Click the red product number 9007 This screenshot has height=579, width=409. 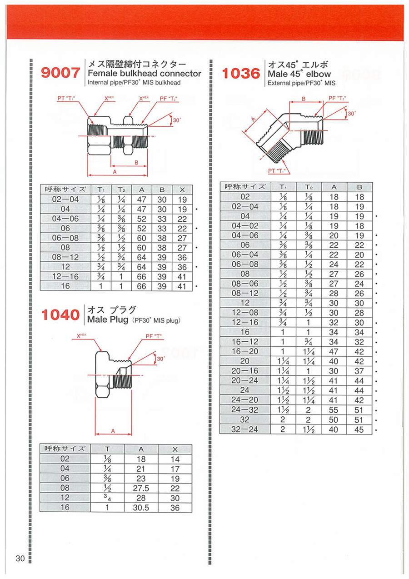coord(60,73)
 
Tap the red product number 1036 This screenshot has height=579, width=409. coord(241,74)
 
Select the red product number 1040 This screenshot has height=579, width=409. coord(60,315)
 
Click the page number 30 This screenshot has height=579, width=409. coord(20,558)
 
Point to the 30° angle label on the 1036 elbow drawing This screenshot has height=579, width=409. coord(352,114)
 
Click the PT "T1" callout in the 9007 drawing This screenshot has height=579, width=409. coord(66,98)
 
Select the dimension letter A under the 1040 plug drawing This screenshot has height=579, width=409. coord(113,431)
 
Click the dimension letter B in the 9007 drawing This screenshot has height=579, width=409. coord(136,163)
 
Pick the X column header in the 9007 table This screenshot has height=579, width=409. coord(182,190)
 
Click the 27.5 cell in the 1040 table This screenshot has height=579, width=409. coord(141,488)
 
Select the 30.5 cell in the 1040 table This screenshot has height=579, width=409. coord(141,508)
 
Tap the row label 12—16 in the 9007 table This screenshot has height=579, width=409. coord(65,277)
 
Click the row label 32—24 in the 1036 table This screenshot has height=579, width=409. coord(244,429)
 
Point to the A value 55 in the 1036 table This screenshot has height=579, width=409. coord(334,410)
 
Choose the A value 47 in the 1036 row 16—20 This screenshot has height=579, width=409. coord(334,352)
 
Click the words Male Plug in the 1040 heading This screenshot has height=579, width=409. coord(108,319)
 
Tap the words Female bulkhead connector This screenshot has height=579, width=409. coord(144,74)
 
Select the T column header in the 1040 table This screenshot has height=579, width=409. coord(107,449)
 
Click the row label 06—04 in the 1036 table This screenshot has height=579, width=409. coord(245,255)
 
